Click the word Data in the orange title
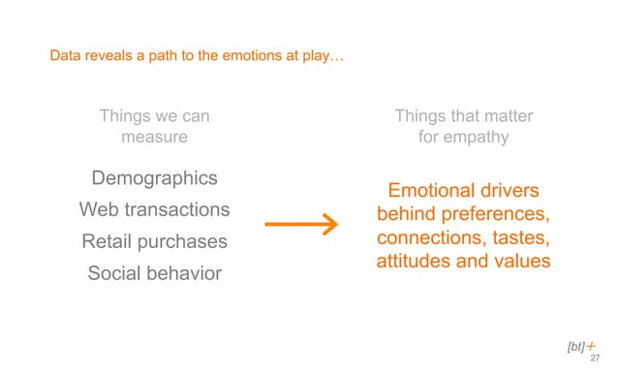(x=66, y=57)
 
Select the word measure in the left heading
(x=154, y=138)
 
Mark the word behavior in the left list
(x=186, y=273)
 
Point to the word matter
(x=502, y=117)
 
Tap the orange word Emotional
(x=432, y=190)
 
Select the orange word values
(x=523, y=261)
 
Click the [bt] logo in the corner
(x=578, y=345)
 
